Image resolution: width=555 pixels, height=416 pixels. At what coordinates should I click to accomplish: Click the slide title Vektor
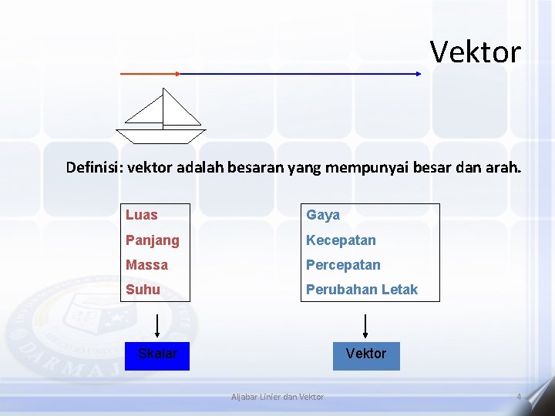[x=475, y=52]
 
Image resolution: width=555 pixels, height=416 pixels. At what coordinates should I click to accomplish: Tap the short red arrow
[x=150, y=74]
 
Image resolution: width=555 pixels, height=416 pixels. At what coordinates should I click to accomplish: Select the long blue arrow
[x=301, y=74]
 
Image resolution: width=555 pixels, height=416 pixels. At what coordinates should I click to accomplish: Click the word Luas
[x=142, y=215]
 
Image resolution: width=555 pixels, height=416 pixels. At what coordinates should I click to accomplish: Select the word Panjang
[x=153, y=240]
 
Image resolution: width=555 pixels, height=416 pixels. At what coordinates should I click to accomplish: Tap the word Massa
[x=146, y=265]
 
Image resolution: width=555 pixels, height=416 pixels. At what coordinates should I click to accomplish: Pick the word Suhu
[x=143, y=290]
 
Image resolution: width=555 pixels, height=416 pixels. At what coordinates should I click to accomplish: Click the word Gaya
[x=323, y=215]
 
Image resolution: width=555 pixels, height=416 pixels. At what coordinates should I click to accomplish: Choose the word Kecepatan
[x=341, y=240]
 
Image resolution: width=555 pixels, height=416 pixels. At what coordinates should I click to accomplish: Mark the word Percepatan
[x=343, y=265]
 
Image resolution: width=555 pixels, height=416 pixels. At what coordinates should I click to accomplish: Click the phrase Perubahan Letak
[x=362, y=290]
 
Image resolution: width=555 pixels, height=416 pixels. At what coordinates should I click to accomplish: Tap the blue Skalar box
[x=157, y=355]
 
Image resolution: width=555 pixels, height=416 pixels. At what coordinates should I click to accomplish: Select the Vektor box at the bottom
[x=366, y=355]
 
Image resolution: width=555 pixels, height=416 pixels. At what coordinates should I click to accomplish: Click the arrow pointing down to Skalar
[x=157, y=326]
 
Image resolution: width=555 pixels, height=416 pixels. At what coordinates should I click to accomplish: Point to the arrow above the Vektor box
[x=366, y=326]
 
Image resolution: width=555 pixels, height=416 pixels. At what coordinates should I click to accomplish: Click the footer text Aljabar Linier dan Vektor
[x=277, y=397]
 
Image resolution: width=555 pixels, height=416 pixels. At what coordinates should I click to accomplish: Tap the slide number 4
[x=519, y=397]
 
